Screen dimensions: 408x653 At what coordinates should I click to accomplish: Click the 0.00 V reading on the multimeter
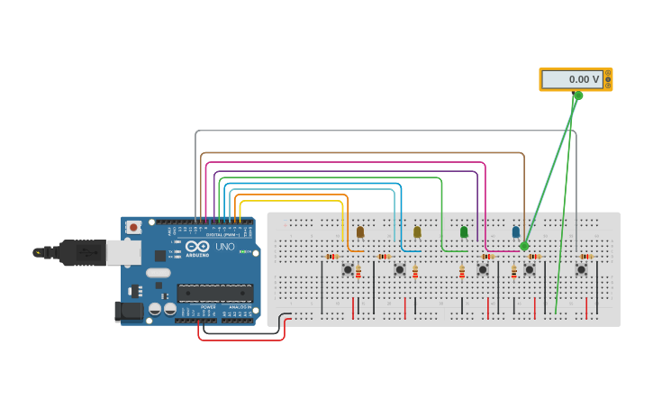pyautogui.click(x=573, y=79)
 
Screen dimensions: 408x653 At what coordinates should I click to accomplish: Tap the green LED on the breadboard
pyautogui.click(x=464, y=232)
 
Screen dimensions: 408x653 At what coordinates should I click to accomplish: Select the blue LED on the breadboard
pyautogui.click(x=516, y=232)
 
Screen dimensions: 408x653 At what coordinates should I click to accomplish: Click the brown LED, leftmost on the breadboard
pyautogui.click(x=360, y=232)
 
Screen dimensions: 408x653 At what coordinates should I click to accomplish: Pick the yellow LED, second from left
pyautogui.click(x=417, y=232)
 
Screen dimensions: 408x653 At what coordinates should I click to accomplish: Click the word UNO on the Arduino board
pyautogui.click(x=223, y=247)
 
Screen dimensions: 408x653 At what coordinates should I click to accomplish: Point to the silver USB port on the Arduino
pyautogui.click(x=123, y=252)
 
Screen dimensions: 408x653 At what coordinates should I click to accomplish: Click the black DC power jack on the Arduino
pyautogui.click(x=130, y=311)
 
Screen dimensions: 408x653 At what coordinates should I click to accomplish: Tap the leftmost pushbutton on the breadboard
pyautogui.click(x=348, y=269)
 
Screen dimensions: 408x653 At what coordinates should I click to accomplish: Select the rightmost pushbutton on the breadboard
pyautogui.click(x=581, y=269)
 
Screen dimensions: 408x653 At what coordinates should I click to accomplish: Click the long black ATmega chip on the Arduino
pyautogui.click(x=214, y=292)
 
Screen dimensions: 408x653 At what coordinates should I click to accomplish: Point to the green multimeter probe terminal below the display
pyautogui.click(x=578, y=95)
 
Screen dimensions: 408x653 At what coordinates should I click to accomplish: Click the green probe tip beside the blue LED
pyautogui.click(x=524, y=246)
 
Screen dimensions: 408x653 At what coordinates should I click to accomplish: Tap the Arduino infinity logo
pyautogui.click(x=198, y=246)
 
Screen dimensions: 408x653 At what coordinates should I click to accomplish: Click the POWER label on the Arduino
pyautogui.click(x=207, y=307)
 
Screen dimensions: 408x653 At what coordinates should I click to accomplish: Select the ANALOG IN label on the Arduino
pyautogui.click(x=239, y=307)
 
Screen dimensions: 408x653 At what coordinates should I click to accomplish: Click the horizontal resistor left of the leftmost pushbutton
pyautogui.click(x=332, y=257)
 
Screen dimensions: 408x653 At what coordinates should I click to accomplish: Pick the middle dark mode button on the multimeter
pyautogui.click(x=608, y=79)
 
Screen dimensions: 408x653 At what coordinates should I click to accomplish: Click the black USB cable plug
pyautogui.click(x=82, y=253)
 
